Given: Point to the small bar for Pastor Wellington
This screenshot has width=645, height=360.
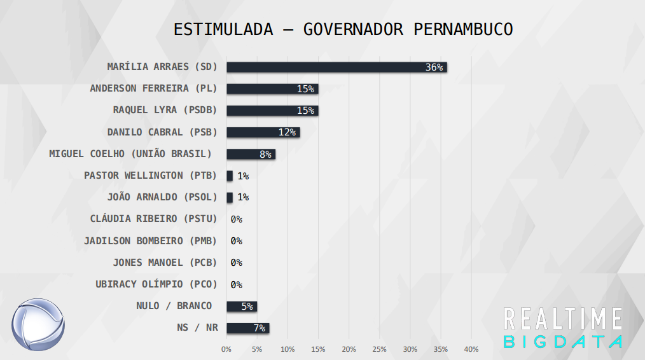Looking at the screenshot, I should (x=230, y=176).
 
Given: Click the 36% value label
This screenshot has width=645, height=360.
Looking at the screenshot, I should (x=434, y=67).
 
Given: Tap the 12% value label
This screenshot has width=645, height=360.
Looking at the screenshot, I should (x=287, y=132).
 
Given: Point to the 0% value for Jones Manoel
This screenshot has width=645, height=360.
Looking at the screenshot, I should (x=236, y=263).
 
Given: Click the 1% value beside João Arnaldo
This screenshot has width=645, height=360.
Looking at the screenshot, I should (x=242, y=197).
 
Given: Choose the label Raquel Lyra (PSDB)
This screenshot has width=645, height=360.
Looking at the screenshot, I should (x=165, y=110).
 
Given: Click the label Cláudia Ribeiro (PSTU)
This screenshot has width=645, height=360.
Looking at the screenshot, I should (x=153, y=219).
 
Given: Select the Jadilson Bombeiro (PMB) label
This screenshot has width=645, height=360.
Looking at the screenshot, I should (x=150, y=241).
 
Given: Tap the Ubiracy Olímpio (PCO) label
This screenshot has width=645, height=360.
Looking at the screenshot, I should (x=156, y=284).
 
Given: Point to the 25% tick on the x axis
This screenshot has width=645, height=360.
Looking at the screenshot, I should (x=379, y=349).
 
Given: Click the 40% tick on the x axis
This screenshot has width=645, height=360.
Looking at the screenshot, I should (x=471, y=349).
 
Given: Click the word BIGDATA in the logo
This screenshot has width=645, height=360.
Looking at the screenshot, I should (x=562, y=341).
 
